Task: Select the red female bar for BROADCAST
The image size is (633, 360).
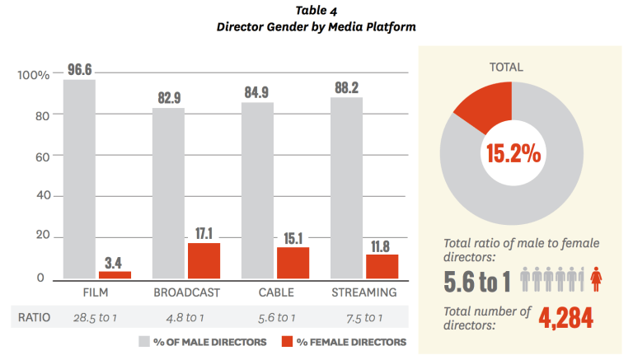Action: click(204, 260)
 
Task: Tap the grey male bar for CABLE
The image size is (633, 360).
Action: click(257, 190)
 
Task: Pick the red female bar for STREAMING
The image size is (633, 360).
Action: click(382, 266)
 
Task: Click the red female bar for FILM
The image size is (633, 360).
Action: click(115, 274)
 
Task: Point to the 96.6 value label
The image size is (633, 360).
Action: click(79, 70)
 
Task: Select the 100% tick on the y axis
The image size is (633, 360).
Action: click(34, 75)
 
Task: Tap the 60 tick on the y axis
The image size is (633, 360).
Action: click(42, 156)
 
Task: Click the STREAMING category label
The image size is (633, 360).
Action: click(363, 292)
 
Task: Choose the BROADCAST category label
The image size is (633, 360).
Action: click(186, 292)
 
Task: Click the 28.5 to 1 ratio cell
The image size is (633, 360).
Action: click(97, 318)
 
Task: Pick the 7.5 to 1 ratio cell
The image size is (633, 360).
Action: click(363, 318)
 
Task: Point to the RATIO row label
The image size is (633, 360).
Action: click(33, 318)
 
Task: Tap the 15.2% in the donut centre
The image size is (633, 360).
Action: click(512, 152)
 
